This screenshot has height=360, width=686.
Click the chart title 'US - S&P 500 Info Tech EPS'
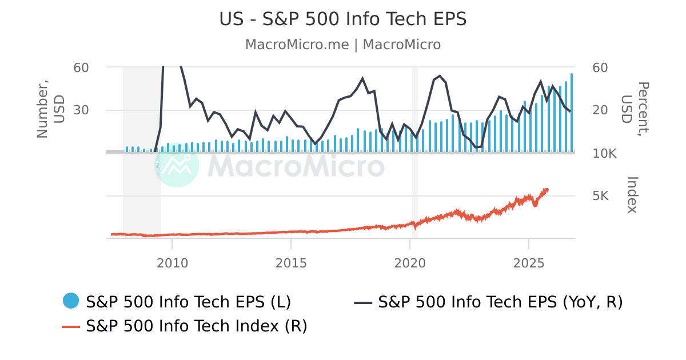tap(343, 19)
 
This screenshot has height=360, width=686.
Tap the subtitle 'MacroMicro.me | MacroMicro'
tap(343, 45)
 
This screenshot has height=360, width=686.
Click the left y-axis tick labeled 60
tap(81, 67)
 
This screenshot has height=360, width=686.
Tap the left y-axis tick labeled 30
tap(81, 110)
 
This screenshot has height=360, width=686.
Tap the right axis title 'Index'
tap(632, 194)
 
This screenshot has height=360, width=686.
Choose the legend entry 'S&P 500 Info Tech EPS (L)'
tap(189, 301)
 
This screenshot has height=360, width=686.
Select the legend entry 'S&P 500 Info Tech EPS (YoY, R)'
tap(500, 301)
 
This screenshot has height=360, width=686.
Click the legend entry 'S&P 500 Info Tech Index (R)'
tap(197, 326)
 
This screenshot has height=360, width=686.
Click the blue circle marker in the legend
tap(70, 301)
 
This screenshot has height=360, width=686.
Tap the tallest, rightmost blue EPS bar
tap(572, 111)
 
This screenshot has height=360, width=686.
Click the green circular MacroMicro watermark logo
tap(177, 165)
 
